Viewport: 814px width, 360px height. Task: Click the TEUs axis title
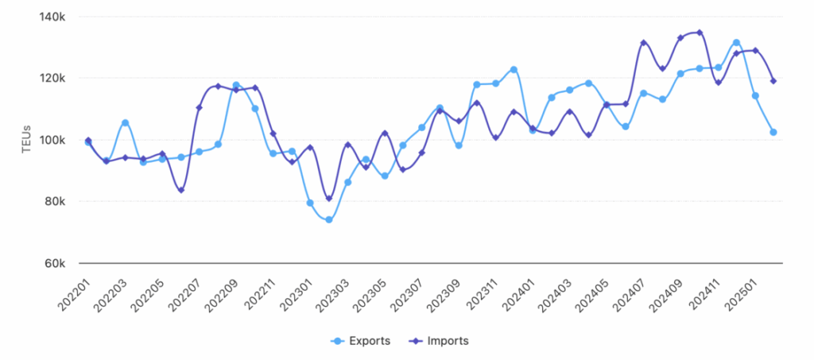coord(25,140)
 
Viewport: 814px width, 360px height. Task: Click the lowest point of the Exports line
coord(328,220)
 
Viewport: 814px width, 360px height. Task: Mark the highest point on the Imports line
coord(700,33)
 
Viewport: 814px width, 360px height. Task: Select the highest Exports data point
coord(737,42)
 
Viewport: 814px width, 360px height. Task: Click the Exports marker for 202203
coord(125,122)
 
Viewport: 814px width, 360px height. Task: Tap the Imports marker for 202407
coord(644,43)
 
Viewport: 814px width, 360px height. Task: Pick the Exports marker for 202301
coord(310,203)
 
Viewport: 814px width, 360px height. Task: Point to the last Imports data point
coord(773,81)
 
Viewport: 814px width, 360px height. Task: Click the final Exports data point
coord(773,132)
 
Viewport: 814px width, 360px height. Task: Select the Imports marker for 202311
coord(495,137)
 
